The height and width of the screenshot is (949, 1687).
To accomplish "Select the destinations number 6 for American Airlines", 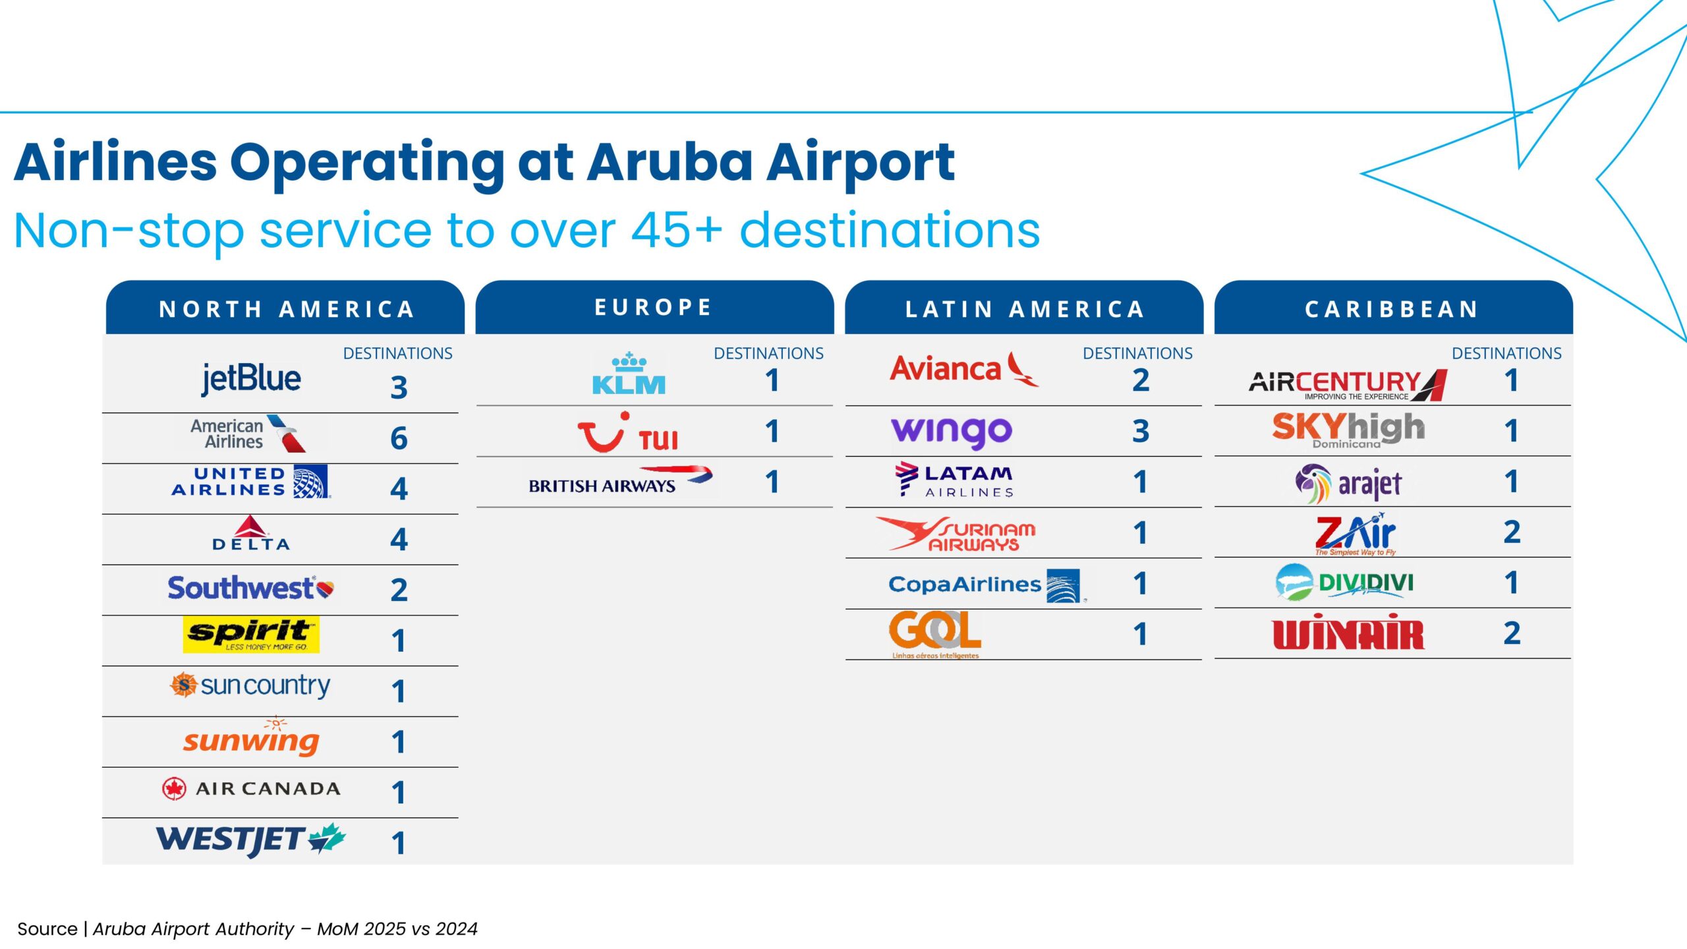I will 399,438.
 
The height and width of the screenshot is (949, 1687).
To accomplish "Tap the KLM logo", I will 629,374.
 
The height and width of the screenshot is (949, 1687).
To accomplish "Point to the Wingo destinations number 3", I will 1141,432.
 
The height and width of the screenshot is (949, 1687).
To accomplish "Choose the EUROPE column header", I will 654,307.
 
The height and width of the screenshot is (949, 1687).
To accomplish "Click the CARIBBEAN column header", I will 1392,309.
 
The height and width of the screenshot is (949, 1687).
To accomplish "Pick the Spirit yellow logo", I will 251,635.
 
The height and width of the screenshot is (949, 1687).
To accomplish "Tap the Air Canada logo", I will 251,788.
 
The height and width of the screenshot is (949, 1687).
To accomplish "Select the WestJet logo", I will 250,840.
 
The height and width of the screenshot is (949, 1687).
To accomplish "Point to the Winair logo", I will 1348,633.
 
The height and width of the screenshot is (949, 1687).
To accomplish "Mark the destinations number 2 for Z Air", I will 1512,532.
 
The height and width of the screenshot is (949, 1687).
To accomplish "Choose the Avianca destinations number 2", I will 1141,380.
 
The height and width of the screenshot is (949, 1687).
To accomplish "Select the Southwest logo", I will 250,588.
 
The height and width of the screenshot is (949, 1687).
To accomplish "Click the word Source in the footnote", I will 47,929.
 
